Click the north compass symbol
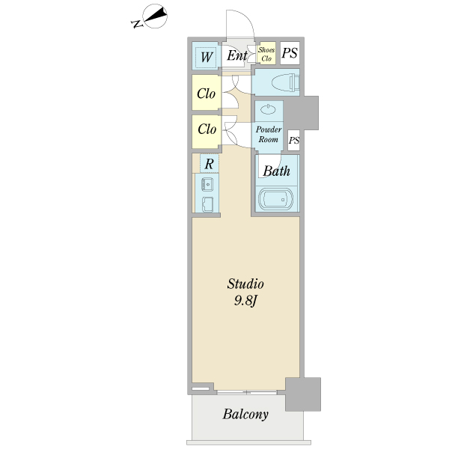(x=150, y=17)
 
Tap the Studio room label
(x=245, y=284)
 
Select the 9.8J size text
(x=245, y=301)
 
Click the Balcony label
(x=245, y=415)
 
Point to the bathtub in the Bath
(x=275, y=199)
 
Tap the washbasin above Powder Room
(x=269, y=109)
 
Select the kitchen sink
(x=207, y=183)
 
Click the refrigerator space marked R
(x=210, y=164)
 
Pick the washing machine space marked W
(x=206, y=57)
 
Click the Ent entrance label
(x=236, y=55)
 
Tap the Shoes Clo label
(x=266, y=54)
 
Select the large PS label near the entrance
(x=290, y=53)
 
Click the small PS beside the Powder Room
(x=294, y=141)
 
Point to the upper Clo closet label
(x=207, y=94)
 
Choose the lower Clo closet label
(x=207, y=129)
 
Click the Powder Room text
(x=269, y=134)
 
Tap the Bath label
(x=276, y=171)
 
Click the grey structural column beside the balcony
(x=303, y=394)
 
